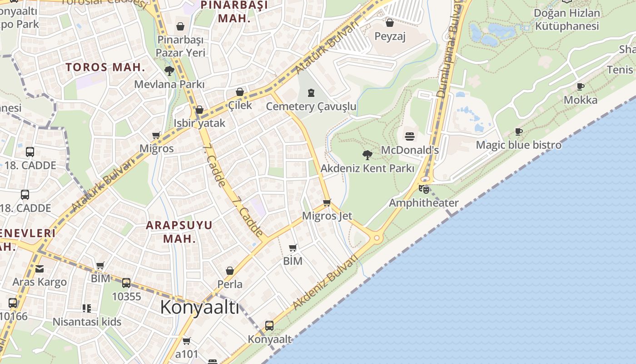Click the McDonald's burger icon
tap(410, 136)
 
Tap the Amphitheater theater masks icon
tap(424, 189)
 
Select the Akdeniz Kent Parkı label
tap(367, 168)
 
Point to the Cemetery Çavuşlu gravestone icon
tap(311, 93)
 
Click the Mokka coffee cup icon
tap(580, 86)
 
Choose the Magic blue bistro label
tap(518, 145)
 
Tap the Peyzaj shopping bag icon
tap(389, 23)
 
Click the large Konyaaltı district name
tap(199, 308)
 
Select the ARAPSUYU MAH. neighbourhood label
tap(179, 232)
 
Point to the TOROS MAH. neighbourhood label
tap(105, 67)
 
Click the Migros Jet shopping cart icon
tap(327, 202)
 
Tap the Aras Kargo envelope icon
tap(40, 269)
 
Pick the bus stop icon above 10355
tap(126, 283)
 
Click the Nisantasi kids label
tap(87, 322)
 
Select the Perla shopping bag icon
tap(230, 271)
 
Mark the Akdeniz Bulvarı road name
tap(325, 282)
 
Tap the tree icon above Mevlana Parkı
tap(169, 71)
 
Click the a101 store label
tap(187, 354)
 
